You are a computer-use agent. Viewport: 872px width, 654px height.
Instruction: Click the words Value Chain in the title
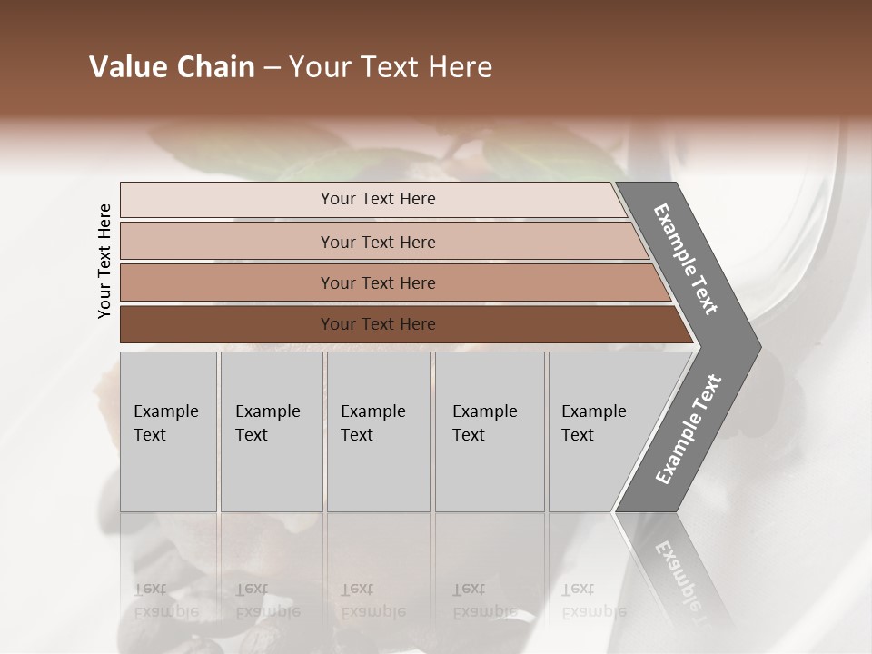pos(172,67)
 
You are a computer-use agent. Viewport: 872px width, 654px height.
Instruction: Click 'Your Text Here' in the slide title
pos(391,67)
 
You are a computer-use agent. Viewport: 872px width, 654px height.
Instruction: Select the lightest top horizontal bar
pos(227,200)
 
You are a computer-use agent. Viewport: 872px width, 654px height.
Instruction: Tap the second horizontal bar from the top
pos(227,242)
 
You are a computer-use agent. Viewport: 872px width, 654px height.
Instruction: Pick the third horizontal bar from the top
pos(227,282)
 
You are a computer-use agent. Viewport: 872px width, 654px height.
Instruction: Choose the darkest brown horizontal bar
pos(227,324)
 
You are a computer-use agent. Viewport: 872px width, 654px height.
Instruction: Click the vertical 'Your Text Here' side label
pos(104,261)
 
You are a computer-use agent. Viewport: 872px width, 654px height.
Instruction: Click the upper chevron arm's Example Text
pos(686,259)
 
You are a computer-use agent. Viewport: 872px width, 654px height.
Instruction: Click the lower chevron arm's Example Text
pos(688,430)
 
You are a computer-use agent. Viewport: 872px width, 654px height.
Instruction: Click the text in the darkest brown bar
pos(378,324)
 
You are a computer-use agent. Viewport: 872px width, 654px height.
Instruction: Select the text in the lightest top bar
pos(378,199)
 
